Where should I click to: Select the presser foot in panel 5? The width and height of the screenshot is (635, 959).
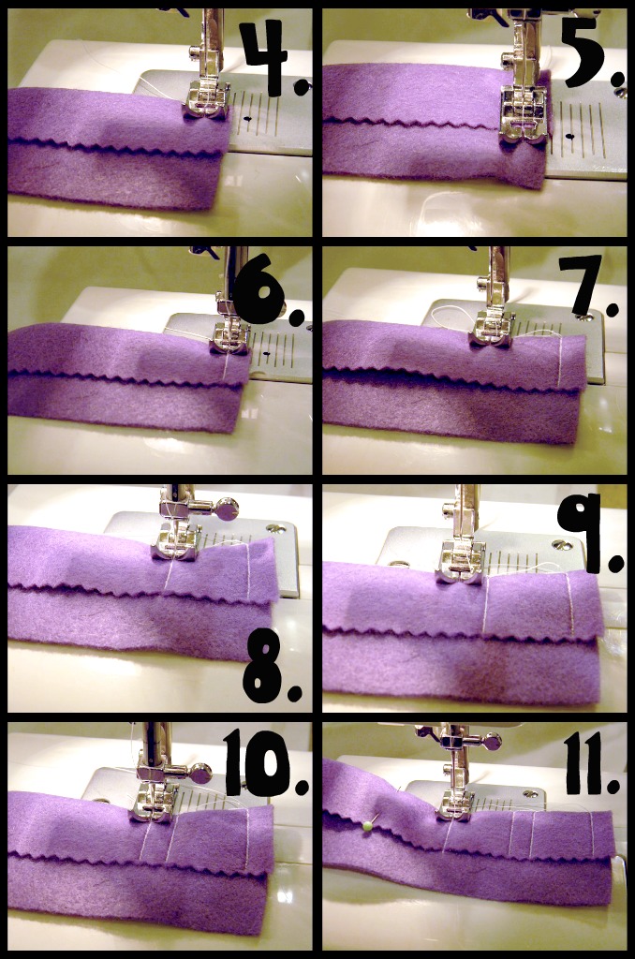522,117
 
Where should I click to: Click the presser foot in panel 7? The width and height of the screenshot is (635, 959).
492,330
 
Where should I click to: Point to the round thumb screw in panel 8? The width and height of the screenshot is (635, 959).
226,509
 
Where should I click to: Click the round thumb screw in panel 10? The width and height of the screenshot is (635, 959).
200,774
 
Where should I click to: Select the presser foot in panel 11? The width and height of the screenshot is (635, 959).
456,804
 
